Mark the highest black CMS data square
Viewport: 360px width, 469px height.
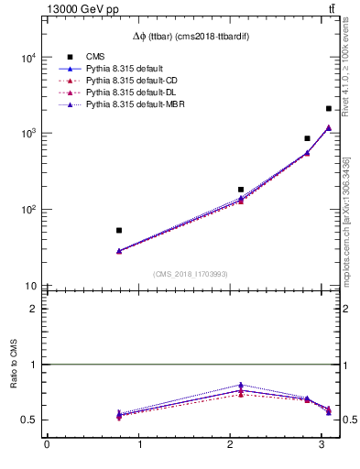click(328, 109)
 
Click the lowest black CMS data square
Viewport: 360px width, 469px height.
click(119, 231)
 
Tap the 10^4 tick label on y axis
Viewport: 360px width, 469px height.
click(27, 58)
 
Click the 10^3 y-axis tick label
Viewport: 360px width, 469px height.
click(27, 134)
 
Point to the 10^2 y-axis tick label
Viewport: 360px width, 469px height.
click(27, 210)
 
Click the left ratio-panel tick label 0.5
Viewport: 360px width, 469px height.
click(29, 420)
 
